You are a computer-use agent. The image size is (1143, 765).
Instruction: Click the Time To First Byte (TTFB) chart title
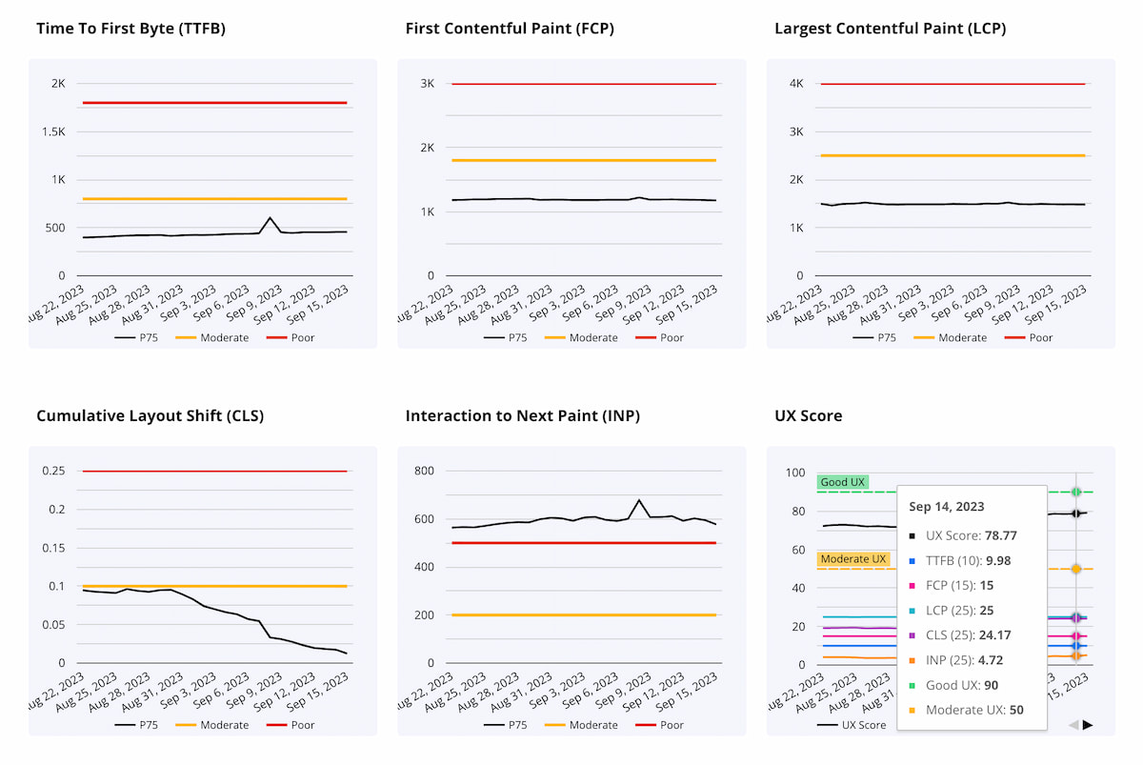click(130, 29)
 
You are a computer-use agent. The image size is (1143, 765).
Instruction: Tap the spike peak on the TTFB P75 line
click(271, 218)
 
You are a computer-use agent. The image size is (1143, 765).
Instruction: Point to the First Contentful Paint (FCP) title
click(510, 29)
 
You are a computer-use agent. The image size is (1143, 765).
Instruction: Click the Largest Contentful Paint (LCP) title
click(890, 29)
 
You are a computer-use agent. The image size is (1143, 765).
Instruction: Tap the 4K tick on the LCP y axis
click(796, 84)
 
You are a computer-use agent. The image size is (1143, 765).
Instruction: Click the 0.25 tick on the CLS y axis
click(52, 472)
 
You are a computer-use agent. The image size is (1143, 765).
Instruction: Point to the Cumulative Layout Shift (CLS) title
click(150, 416)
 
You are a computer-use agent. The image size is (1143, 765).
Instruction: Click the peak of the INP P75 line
click(639, 500)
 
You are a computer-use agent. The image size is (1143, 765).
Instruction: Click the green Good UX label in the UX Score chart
click(843, 482)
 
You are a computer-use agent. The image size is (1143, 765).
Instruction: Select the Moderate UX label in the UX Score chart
click(853, 558)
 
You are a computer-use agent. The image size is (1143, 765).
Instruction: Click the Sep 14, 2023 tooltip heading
click(947, 507)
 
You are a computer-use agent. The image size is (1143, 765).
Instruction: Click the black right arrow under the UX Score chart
click(1088, 725)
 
